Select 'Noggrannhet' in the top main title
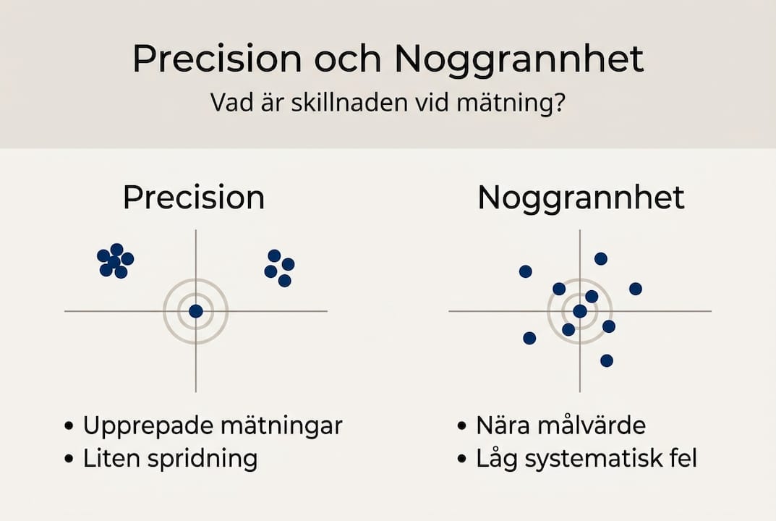(519, 60)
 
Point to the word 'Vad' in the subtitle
(229, 102)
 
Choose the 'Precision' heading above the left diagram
(194, 198)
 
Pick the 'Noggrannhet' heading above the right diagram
(581, 198)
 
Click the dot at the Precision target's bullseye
(195, 311)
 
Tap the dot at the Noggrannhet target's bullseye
(580, 311)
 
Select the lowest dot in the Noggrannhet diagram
(607, 360)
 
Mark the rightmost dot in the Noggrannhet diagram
(636, 289)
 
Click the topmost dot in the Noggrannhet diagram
(601, 258)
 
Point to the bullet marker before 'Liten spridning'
(69, 459)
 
